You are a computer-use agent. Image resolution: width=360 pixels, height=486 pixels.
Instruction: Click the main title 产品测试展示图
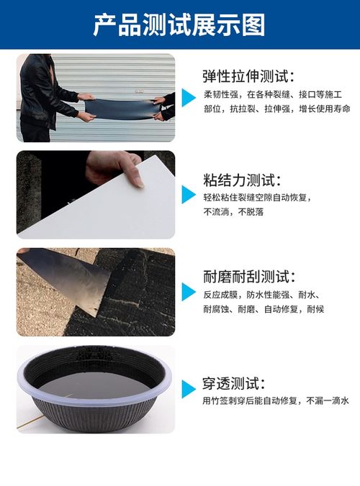click(179, 24)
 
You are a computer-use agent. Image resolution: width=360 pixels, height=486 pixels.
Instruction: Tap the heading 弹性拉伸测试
click(248, 76)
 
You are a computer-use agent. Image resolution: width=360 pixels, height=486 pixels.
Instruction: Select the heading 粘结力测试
click(242, 180)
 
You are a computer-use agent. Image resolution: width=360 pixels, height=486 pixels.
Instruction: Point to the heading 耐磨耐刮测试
click(249, 277)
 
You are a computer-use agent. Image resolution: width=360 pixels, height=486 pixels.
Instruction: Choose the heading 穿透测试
click(234, 383)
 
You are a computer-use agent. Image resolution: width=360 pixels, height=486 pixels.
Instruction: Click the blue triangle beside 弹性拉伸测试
click(189, 98)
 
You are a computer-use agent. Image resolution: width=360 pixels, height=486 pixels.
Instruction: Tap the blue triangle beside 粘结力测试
click(189, 194)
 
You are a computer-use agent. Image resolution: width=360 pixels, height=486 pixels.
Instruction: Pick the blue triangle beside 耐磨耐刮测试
click(189, 292)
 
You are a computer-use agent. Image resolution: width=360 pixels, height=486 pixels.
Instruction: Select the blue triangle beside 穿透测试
click(189, 389)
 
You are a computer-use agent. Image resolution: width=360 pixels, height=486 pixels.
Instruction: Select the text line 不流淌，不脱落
click(233, 211)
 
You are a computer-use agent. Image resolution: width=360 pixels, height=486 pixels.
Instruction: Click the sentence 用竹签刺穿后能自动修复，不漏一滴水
click(276, 400)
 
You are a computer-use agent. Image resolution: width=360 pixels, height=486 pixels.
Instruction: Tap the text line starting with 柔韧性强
click(273, 94)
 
